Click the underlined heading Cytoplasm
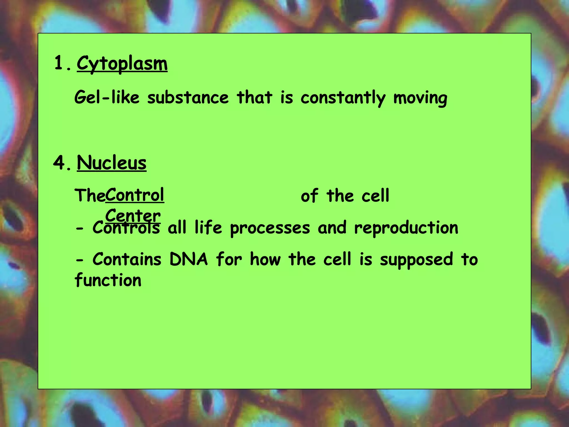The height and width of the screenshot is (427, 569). point(122,64)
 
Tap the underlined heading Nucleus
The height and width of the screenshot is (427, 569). point(111,163)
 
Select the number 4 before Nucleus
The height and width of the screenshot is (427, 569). point(59,163)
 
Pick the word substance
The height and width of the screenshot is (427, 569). point(188,98)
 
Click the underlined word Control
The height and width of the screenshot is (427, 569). point(135,195)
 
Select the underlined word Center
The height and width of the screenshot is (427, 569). point(133,215)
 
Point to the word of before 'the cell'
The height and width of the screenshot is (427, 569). point(309,196)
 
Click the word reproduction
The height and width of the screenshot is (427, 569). point(406,228)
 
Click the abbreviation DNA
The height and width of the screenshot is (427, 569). point(188,260)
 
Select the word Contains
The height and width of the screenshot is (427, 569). point(127,260)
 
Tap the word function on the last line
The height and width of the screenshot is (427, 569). point(108,280)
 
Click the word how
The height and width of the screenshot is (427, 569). point(265,260)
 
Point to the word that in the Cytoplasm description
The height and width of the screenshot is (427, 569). point(254,98)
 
